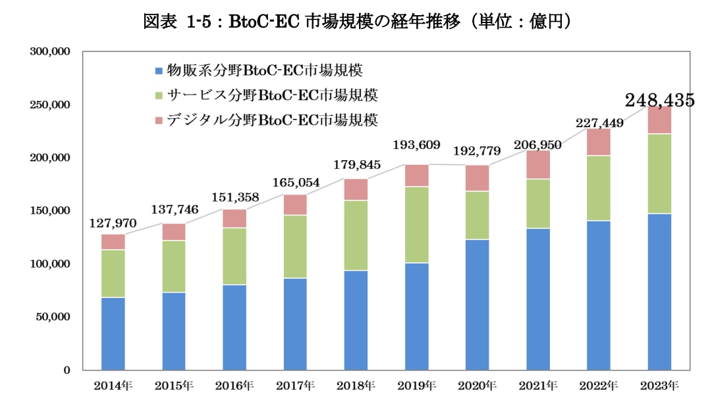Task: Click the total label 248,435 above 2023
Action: (x=659, y=101)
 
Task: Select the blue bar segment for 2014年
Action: (x=113, y=334)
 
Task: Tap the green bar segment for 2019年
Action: (x=417, y=225)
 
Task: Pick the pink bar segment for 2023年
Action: (x=659, y=121)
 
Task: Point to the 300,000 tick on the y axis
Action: (x=50, y=51)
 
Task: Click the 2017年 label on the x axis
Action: (x=295, y=386)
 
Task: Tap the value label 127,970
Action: (x=112, y=223)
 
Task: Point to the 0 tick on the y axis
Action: (x=67, y=370)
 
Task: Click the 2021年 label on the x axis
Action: (x=537, y=386)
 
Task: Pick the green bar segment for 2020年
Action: (x=478, y=216)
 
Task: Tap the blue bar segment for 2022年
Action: (x=599, y=295)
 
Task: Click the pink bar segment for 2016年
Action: (x=234, y=219)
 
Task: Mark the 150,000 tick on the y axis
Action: (x=50, y=211)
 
